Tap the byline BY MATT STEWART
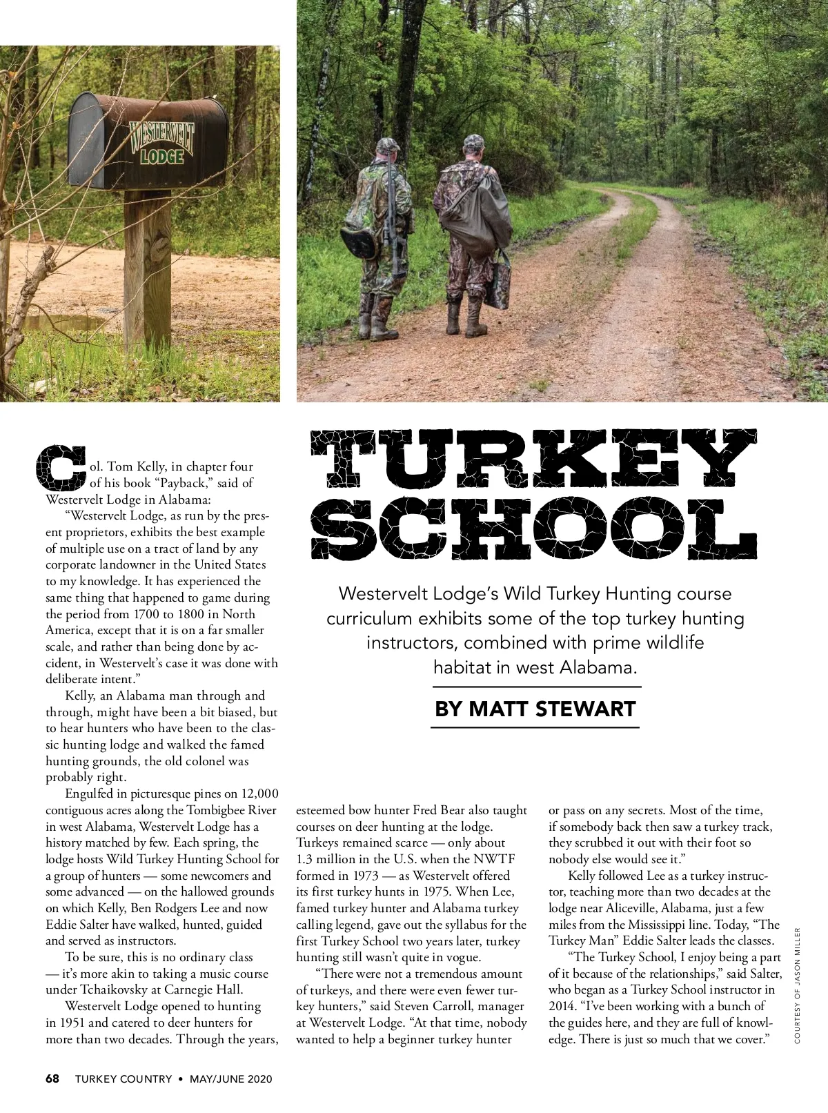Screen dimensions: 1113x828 [x=535, y=709]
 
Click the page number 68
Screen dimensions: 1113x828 [x=53, y=1078]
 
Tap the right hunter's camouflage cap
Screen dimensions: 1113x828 [x=475, y=142]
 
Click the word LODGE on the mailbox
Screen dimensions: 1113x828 [x=161, y=156]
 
